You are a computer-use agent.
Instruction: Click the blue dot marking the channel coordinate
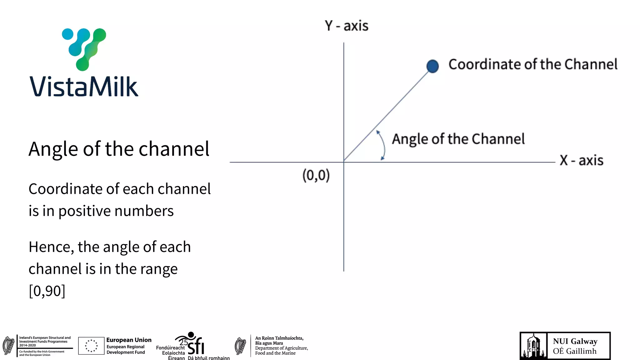pos(432,66)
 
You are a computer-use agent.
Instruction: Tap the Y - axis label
pos(346,26)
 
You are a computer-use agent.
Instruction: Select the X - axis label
pos(581,160)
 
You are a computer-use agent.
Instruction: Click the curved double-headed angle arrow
pos(382,145)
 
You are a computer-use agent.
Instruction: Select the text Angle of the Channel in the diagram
pos(458,139)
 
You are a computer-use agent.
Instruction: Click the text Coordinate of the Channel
pos(533,64)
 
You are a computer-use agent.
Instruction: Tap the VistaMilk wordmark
pos(84,87)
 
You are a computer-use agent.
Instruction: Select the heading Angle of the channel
pos(119,149)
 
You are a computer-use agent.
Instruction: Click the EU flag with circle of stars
pos(91,346)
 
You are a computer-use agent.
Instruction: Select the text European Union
pos(129,340)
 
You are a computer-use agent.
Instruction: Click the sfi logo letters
pos(196,346)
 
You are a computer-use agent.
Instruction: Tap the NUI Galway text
pos(575,341)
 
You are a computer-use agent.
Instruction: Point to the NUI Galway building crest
pos(533,346)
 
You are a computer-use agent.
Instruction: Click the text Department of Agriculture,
pos(281,348)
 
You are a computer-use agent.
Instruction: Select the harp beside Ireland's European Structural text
pos(9,346)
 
